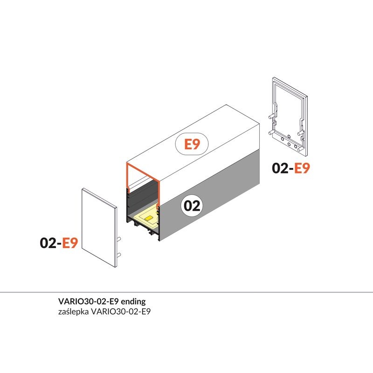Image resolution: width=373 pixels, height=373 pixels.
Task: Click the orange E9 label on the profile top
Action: (x=192, y=144)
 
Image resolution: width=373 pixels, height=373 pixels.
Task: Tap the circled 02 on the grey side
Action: (x=192, y=206)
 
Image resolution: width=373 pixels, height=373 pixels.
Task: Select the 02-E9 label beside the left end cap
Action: (x=59, y=243)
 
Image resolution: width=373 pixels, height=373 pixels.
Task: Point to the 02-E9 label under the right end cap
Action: (x=291, y=168)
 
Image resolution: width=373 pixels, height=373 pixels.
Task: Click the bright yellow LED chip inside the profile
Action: (x=149, y=218)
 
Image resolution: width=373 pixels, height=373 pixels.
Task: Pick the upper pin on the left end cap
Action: (x=119, y=239)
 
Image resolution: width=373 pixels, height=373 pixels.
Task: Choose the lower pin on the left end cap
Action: (x=119, y=255)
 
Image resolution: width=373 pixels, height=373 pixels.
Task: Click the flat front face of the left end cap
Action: (x=98, y=227)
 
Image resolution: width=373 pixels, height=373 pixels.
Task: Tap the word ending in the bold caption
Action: (x=133, y=301)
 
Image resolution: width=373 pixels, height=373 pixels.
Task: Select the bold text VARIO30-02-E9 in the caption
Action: (x=88, y=301)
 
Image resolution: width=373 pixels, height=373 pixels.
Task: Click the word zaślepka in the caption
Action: (x=73, y=311)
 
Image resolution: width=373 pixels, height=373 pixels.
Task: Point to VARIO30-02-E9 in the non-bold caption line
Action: (x=121, y=311)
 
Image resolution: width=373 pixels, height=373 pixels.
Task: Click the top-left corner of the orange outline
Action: (x=127, y=164)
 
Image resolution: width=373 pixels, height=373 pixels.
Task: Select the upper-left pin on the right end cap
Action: (x=271, y=117)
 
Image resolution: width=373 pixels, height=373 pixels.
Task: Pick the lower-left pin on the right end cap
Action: (x=271, y=132)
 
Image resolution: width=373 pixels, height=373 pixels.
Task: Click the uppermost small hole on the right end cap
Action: (x=289, y=136)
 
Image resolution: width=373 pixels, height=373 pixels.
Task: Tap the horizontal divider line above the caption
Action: (x=186, y=292)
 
